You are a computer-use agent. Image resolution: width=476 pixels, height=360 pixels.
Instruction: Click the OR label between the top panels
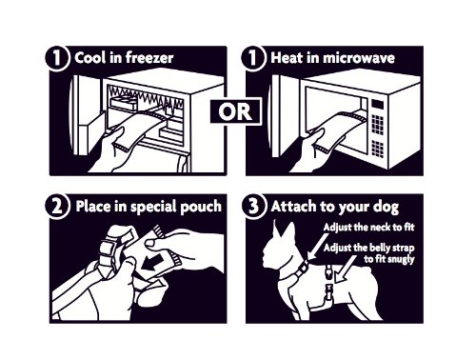(235, 111)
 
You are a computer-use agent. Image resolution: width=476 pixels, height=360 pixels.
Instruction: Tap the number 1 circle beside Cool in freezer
(57, 58)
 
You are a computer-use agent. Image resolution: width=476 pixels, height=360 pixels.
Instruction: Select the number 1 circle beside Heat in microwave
(253, 58)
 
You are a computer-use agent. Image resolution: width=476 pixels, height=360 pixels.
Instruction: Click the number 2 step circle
(57, 207)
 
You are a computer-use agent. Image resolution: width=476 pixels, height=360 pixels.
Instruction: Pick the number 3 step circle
(253, 206)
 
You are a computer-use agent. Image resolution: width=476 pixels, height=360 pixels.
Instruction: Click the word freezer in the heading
(149, 58)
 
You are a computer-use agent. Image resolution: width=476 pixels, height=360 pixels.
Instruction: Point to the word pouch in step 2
(201, 207)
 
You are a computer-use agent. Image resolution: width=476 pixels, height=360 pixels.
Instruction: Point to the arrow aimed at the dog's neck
(318, 247)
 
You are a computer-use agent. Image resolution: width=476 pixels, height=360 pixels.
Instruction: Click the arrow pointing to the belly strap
(346, 269)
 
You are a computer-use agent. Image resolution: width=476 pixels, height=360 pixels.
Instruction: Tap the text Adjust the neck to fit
(368, 228)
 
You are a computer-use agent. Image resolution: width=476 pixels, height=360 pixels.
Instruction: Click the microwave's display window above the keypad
(378, 105)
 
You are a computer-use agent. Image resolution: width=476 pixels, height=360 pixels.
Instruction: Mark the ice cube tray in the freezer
(123, 103)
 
